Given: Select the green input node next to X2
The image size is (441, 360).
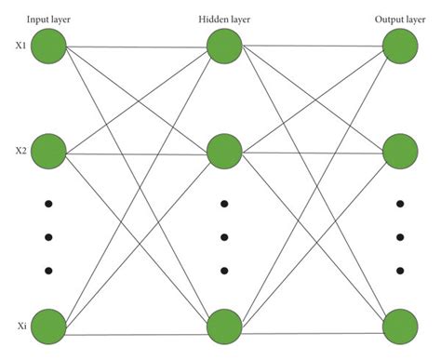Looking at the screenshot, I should point(50,150).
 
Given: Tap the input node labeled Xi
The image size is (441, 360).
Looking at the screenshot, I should point(50,326).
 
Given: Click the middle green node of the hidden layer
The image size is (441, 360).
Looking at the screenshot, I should point(224,151).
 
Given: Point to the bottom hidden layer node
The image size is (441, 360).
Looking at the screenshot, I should point(224,327).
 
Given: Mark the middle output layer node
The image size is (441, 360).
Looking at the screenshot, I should point(399,151).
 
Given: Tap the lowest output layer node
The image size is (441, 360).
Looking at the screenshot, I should point(399,327).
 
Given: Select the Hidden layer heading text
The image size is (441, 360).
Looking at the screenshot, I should point(224,19).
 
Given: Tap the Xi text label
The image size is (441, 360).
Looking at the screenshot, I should point(16,326).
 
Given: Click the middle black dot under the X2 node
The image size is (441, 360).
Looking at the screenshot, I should point(50,236).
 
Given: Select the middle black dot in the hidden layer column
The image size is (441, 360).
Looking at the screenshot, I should point(224,236).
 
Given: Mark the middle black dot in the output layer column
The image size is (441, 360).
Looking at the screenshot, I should point(399,236).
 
